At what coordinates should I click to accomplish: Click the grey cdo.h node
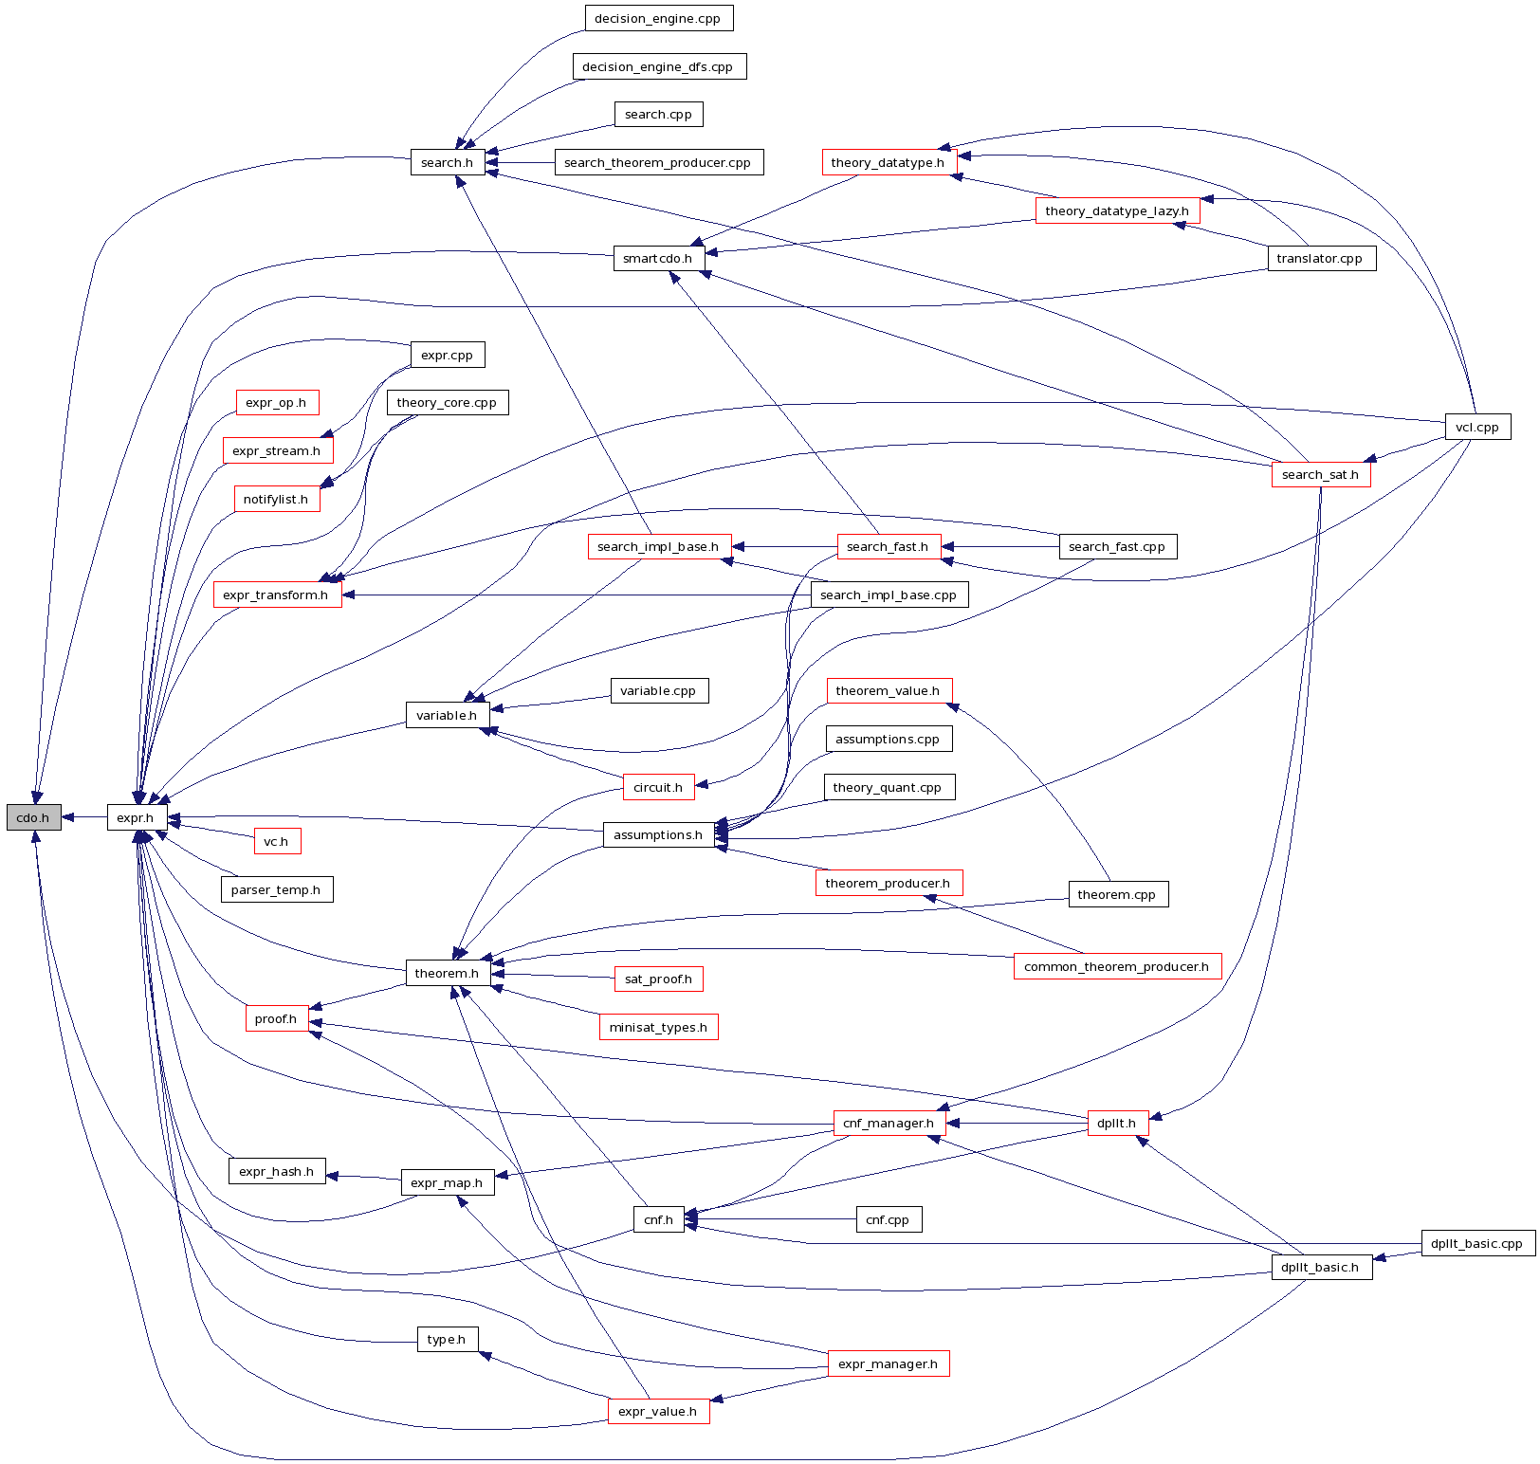point(33,817)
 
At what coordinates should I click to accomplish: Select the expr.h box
point(137,817)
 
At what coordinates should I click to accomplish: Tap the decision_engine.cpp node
point(658,18)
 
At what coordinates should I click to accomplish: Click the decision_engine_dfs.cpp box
point(658,66)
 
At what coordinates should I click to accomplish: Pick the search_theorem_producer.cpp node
point(657,162)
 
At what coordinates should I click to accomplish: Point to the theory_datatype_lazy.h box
point(1117,210)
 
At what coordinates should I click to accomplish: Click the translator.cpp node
point(1320,258)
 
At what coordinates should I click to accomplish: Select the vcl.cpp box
point(1477,427)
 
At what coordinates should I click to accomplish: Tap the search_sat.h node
point(1320,474)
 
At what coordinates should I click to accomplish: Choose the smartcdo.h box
point(658,258)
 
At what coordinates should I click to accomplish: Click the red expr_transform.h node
point(276,595)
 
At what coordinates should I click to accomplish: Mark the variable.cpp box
point(658,690)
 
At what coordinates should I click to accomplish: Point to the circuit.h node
point(658,787)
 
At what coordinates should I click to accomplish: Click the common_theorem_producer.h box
point(1117,966)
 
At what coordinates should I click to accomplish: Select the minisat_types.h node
point(658,1027)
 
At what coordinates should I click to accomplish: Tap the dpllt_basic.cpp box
point(1477,1243)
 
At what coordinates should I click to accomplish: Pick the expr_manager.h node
point(888,1363)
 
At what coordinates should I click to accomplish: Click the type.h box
point(447,1339)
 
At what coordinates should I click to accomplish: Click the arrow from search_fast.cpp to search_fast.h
point(999,547)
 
